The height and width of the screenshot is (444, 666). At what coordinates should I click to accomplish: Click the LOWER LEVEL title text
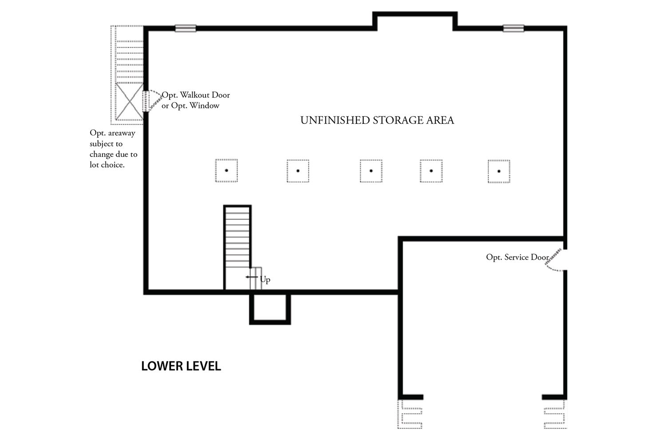[x=181, y=366]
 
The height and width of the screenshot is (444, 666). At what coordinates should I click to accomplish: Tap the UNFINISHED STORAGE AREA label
[x=377, y=120]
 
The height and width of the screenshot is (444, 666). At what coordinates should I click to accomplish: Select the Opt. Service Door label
[x=517, y=257]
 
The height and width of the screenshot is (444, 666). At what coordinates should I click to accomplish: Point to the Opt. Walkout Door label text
[x=196, y=95]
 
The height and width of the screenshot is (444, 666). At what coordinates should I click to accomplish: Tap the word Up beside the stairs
[x=265, y=279]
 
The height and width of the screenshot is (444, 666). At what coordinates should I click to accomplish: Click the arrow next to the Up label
[x=252, y=277]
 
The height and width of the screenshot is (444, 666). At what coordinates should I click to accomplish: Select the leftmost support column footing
[x=226, y=170]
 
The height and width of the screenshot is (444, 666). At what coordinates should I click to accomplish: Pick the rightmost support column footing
[x=499, y=171]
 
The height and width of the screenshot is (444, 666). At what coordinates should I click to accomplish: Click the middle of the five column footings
[x=371, y=171]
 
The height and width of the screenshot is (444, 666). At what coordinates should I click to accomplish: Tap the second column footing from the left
[x=298, y=171]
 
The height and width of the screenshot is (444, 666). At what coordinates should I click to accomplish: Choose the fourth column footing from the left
[x=431, y=171]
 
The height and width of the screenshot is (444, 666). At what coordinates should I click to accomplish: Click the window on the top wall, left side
[x=185, y=28]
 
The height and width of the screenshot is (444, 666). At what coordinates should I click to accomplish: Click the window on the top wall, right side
[x=513, y=28]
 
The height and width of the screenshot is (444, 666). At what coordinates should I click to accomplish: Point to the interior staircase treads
[x=238, y=238]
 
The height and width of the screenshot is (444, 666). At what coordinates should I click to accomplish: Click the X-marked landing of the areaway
[x=129, y=101]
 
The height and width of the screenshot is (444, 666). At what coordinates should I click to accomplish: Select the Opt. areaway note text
[x=113, y=149]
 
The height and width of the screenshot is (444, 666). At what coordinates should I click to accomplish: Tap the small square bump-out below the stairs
[x=270, y=307]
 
